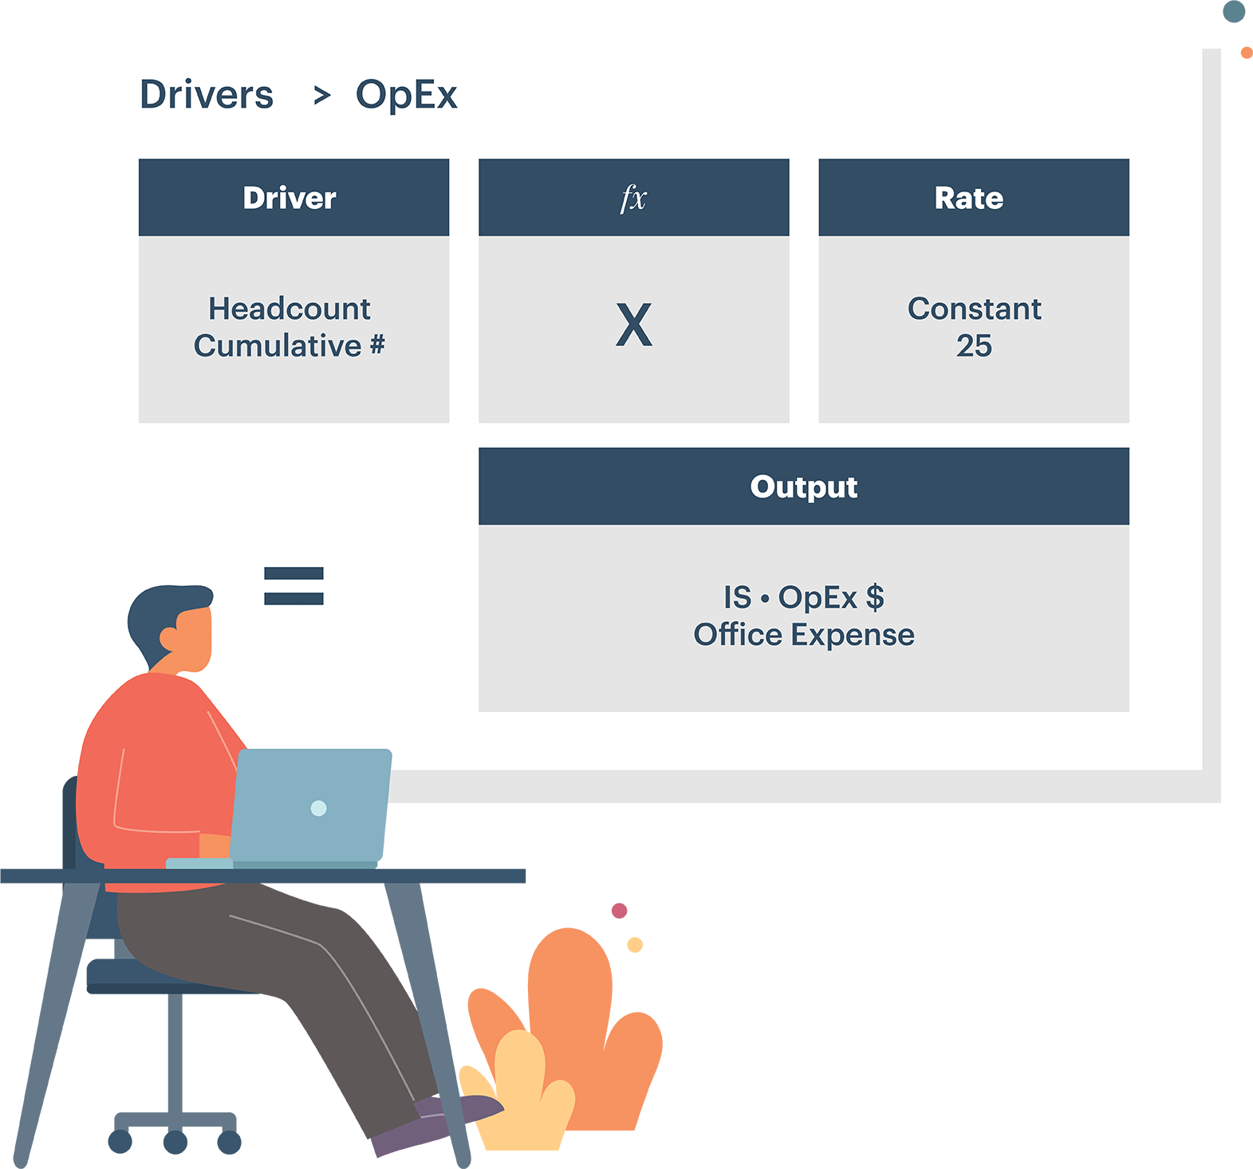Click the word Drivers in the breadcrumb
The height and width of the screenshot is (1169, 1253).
(x=207, y=95)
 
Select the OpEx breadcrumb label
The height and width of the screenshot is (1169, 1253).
(x=407, y=95)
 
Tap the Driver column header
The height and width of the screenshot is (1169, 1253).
(x=290, y=198)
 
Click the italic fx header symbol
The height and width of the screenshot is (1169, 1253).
(x=633, y=198)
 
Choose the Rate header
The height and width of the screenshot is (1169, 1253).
(x=969, y=198)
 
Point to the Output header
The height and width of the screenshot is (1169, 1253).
(x=804, y=486)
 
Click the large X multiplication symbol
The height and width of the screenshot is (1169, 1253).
(x=634, y=325)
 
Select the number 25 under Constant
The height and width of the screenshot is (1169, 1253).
(x=974, y=346)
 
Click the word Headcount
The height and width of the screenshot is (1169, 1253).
(x=290, y=309)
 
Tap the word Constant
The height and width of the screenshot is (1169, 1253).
(x=974, y=309)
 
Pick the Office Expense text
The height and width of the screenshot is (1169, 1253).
(x=804, y=635)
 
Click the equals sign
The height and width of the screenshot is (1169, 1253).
(x=294, y=586)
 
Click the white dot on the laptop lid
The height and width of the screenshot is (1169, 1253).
(x=318, y=808)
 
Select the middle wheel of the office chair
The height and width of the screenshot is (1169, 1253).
(x=175, y=1142)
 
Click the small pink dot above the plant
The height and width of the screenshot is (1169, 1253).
(x=619, y=911)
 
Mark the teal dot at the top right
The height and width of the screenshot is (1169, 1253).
(x=1234, y=11)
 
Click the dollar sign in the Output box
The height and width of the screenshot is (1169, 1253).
(x=875, y=597)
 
